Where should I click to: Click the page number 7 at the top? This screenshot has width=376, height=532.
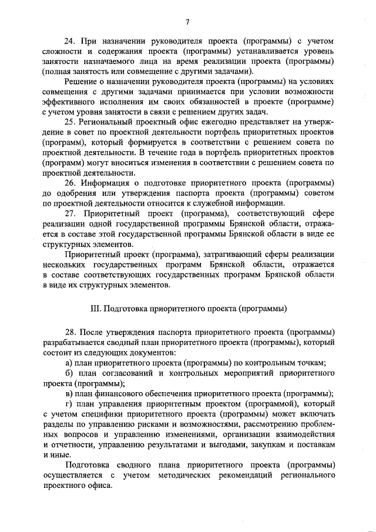pyautogui.click(x=187, y=22)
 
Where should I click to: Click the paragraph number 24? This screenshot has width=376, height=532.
pyautogui.click(x=70, y=41)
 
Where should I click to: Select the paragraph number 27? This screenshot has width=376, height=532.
pyautogui.click(x=70, y=213)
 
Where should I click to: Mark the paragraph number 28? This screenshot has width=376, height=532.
pyautogui.click(x=70, y=332)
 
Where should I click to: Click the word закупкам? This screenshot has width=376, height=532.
pyautogui.click(x=284, y=444)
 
